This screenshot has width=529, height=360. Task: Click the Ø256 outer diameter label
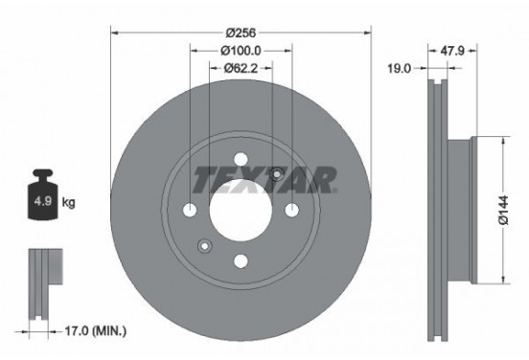241,32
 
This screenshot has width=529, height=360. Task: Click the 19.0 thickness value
402,68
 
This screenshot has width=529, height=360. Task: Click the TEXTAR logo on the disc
264,178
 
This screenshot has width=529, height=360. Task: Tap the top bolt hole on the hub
241,160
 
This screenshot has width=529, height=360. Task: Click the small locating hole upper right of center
277,174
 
